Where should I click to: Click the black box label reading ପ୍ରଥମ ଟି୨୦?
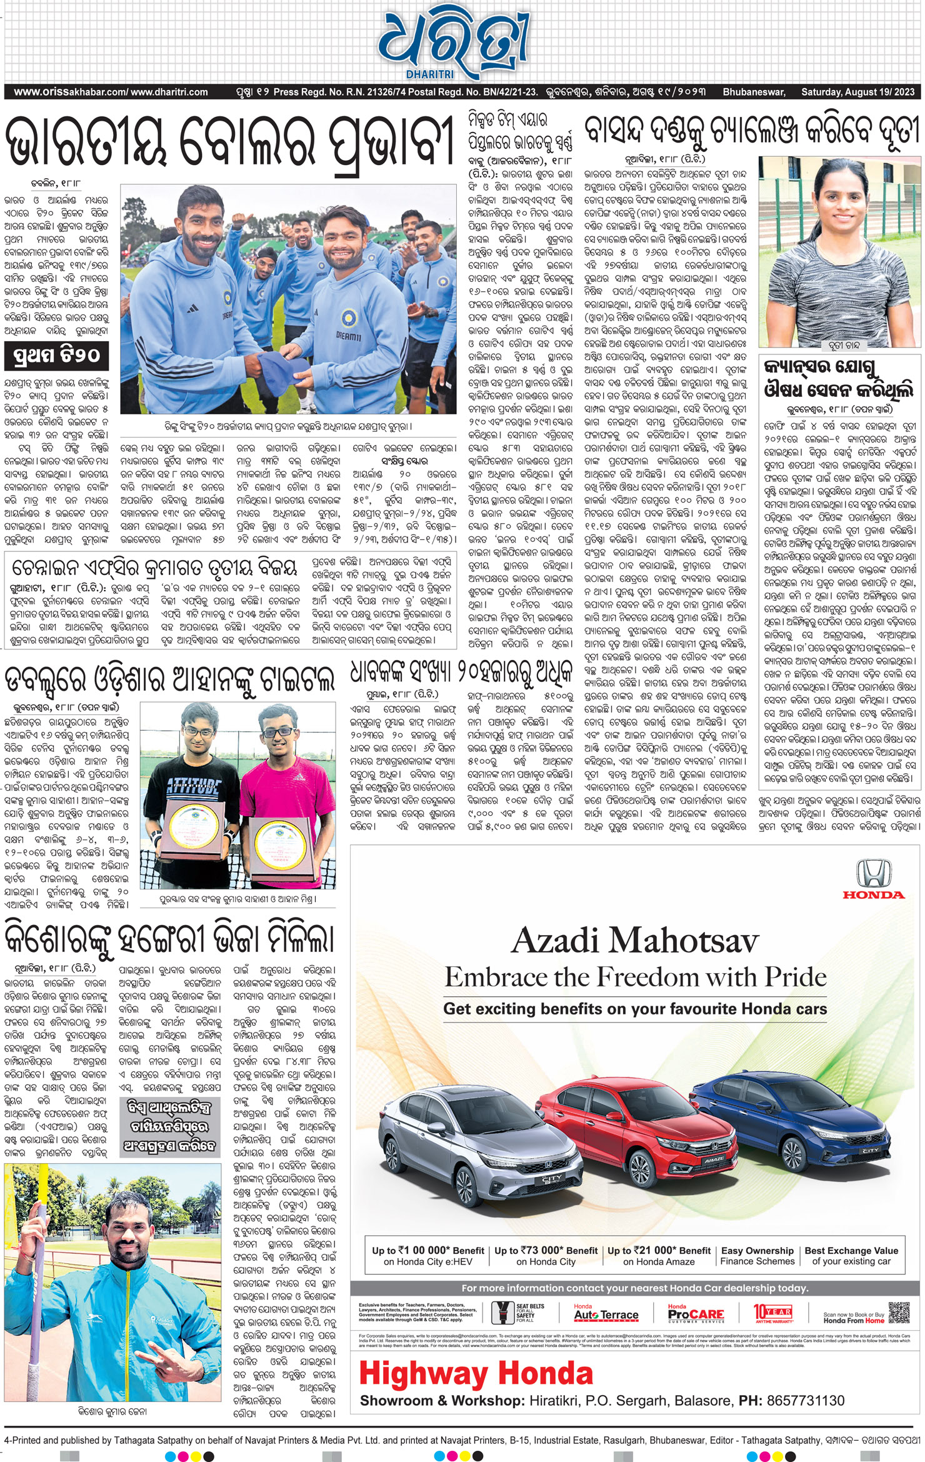tap(56, 356)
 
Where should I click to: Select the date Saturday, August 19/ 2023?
tap(857, 92)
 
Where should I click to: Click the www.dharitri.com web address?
tap(169, 92)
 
